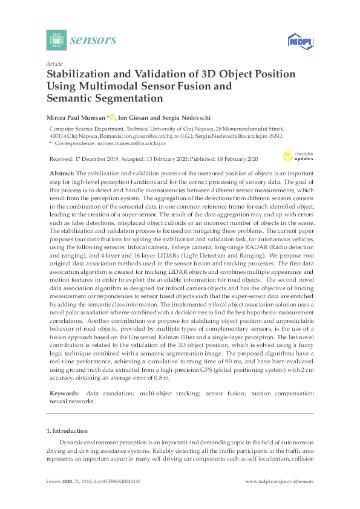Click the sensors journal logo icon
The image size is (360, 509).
point(56,40)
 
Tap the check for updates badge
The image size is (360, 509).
point(301,157)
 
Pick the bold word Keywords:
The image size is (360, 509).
point(63,393)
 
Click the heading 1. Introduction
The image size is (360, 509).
point(67,431)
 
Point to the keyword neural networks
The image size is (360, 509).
point(67,401)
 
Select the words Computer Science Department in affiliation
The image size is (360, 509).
point(82,129)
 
